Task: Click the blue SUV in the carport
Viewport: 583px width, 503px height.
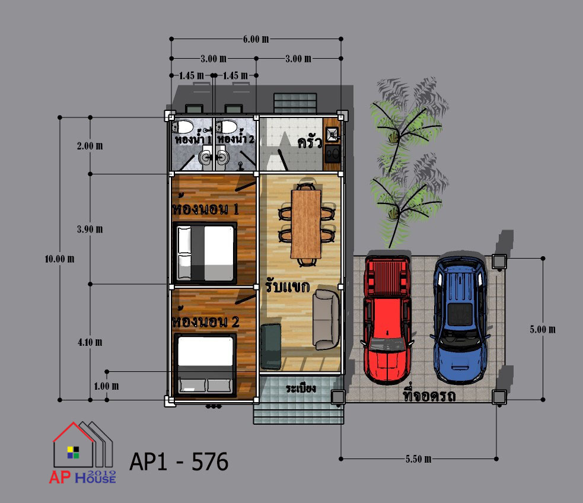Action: (x=460, y=320)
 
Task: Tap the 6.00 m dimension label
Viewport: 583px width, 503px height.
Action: (x=256, y=39)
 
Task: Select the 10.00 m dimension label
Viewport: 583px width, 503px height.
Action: (x=59, y=259)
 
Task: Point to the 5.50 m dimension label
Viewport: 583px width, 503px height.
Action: (x=419, y=459)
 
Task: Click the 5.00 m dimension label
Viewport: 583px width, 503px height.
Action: (x=543, y=329)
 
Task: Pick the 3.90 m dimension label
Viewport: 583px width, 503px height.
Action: (x=90, y=229)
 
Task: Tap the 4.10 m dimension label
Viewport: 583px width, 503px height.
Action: (x=90, y=342)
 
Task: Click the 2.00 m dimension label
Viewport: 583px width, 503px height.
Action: (x=90, y=146)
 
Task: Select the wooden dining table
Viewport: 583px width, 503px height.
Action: (x=305, y=224)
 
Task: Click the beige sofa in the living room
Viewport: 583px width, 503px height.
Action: (x=326, y=319)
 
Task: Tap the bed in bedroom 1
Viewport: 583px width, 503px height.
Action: (x=205, y=253)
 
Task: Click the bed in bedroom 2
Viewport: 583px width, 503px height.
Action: (x=205, y=364)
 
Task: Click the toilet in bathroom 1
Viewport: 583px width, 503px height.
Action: (x=183, y=127)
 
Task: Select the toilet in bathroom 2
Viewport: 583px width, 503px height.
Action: (x=227, y=127)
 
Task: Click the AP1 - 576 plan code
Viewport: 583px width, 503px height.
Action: (x=179, y=461)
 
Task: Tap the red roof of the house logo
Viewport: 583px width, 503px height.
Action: (x=74, y=431)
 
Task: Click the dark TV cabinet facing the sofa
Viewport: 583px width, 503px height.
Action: (x=270, y=346)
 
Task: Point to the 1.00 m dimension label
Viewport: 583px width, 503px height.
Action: (x=106, y=386)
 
